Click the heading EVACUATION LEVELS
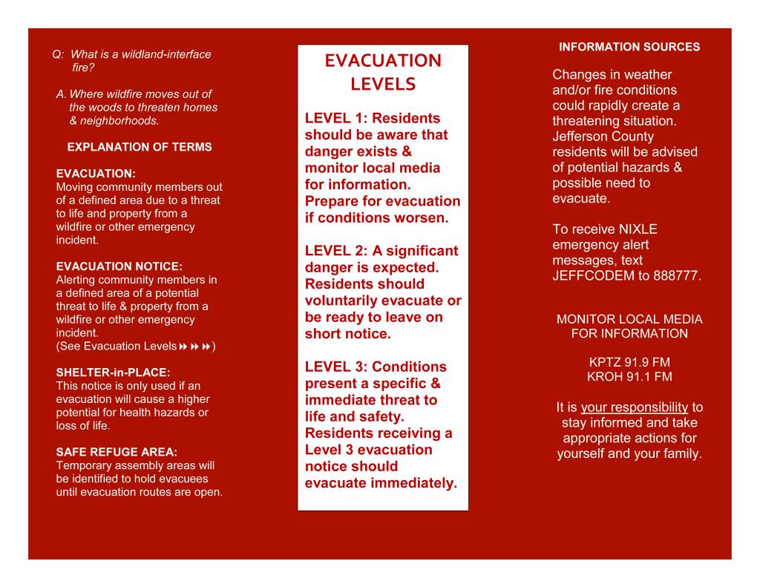(x=382, y=72)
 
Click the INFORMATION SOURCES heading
(x=629, y=47)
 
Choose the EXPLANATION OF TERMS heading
(x=140, y=147)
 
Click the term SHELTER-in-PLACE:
(x=113, y=373)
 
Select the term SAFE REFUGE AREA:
(x=117, y=452)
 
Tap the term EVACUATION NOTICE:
(x=119, y=266)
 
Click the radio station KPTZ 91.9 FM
(x=629, y=362)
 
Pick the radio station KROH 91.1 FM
(x=629, y=377)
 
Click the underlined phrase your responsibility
(x=635, y=407)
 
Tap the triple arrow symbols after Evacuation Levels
(x=195, y=347)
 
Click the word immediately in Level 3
(x=413, y=484)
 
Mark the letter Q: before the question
(x=58, y=54)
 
